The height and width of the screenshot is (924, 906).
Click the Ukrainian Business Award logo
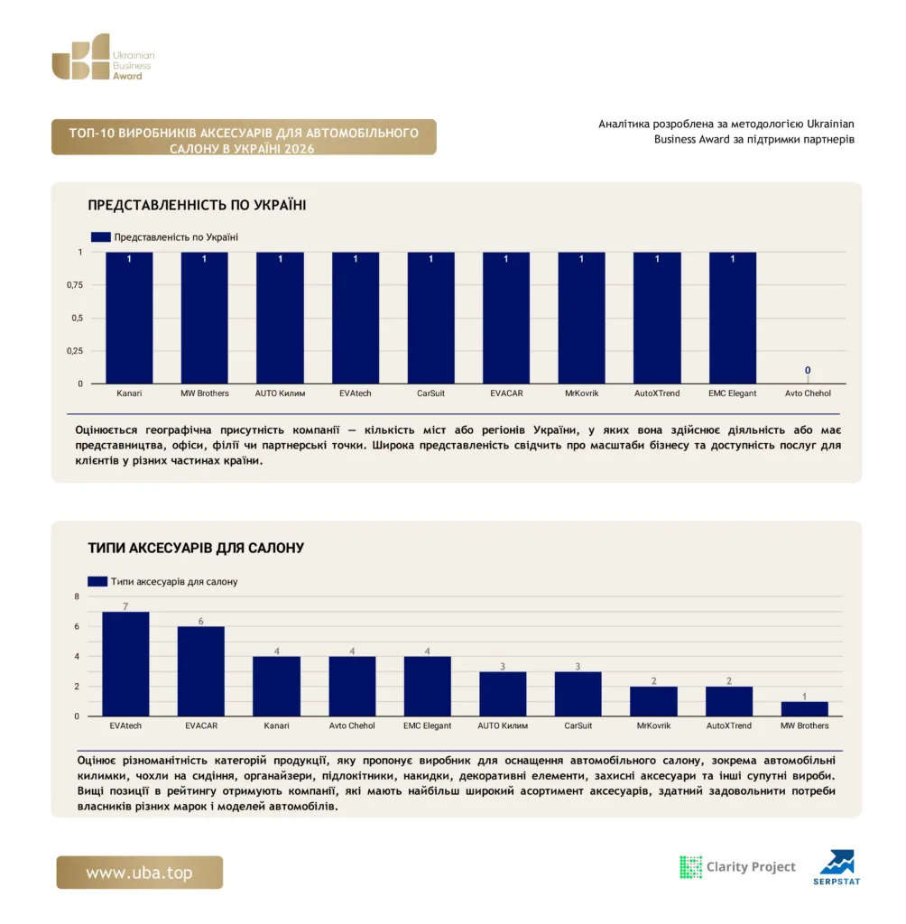pos(103,57)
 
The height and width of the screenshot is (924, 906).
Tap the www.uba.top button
pos(140,873)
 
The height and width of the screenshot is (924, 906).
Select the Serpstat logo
pos(837,867)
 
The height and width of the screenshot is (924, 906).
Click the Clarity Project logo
pos(737,867)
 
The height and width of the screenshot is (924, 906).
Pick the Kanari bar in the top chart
pos(129,318)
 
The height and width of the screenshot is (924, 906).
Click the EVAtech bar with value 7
pos(125,664)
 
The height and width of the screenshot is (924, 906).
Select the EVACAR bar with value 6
pos(201,671)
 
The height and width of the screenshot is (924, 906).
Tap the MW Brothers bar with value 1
pos(805,709)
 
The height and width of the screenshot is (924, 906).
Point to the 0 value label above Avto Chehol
pos(808,370)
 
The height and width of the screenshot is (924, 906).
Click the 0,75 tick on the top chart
pos(75,285)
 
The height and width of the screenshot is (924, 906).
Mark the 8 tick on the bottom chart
pos(77,596)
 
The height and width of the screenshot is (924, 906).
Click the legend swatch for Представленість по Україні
pos(101,237)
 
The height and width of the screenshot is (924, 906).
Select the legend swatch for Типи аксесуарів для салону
pos(97,582)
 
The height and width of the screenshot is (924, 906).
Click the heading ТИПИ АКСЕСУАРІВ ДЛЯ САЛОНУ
pos(196,548)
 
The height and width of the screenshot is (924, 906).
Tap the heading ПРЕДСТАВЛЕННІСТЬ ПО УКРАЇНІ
pos(197,205)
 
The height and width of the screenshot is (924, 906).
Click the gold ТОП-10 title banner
pos(244,137)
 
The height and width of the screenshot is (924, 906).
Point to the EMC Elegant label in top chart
pos(732,393)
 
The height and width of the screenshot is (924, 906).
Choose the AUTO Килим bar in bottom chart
pos(503,694)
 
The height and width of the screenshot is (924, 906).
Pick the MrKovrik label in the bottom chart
pos(653,726)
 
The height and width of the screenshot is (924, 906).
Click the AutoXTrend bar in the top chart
pos(657,318)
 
